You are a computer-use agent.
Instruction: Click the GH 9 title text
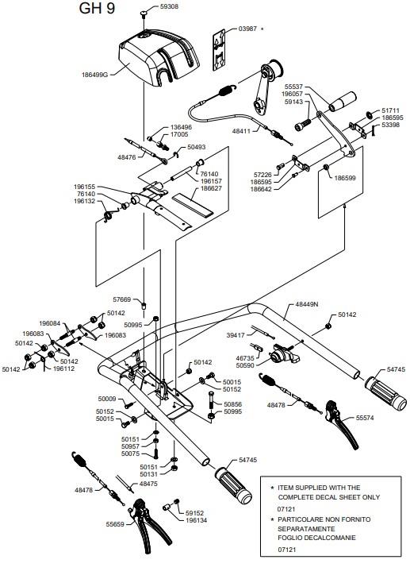pos(97,9)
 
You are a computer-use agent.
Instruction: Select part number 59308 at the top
pos(169,6)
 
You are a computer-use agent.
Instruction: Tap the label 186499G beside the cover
pos(95,75)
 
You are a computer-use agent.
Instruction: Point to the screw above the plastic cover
pos(143,14)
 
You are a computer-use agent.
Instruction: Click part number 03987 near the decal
pos(247,29)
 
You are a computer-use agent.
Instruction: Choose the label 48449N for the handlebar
pos(307,304)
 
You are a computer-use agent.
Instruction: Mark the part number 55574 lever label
pos(365,418)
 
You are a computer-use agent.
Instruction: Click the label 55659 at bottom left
pos(115,525)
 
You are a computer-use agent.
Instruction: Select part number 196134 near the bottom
pos(196,520)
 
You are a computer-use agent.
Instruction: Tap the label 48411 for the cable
pos(242,131)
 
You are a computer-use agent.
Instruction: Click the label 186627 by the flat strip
pos(211,188)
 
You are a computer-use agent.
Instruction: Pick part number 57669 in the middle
pos(122,299)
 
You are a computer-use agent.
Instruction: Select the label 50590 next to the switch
pos(245,365)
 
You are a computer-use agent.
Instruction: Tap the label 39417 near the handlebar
pos(236,335)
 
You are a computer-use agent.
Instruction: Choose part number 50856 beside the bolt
pos(233,404)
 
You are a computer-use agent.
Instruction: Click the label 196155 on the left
pos(85,187)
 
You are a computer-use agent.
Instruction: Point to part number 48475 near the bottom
pos(148,484)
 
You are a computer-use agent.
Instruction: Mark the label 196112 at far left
pos(63,369)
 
